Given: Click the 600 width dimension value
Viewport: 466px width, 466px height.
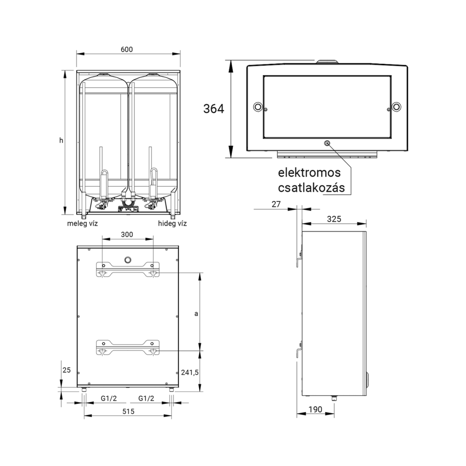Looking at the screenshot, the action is [127, 49].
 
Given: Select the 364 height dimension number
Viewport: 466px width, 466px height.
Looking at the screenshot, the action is [214, 109].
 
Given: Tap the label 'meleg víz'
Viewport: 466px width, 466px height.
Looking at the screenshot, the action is [82, 224].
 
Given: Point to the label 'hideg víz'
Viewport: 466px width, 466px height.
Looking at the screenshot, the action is [172, 224].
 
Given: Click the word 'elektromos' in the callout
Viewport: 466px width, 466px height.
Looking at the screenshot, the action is [309, 173].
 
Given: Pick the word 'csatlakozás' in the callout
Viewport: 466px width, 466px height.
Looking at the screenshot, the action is [311, 188].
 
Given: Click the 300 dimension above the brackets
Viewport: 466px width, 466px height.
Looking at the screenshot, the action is [127, 234].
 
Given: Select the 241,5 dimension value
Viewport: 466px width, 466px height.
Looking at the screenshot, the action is [190, 372].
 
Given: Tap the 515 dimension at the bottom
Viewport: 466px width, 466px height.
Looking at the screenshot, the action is [129, 411].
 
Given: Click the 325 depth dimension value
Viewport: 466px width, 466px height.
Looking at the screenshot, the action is [334, 219].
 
